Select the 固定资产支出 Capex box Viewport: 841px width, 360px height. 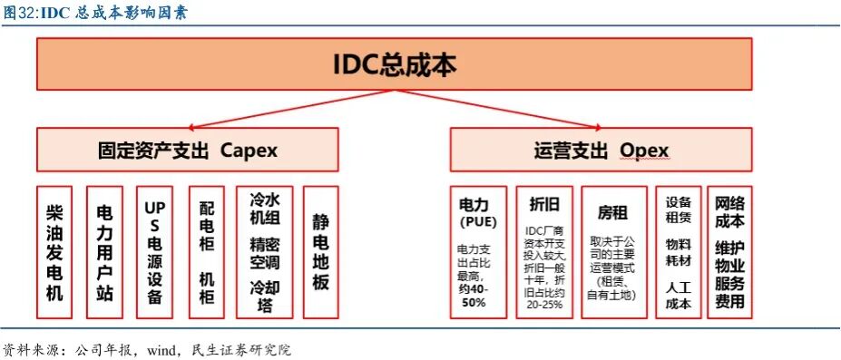187,150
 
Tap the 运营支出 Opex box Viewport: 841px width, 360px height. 601,150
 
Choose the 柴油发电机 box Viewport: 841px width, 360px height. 54,252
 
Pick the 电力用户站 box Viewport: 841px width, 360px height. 104,252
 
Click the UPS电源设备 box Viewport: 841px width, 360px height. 153,252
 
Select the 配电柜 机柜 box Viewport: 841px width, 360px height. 206,252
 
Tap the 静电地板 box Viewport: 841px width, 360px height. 320,252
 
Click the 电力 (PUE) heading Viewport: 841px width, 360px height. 479,212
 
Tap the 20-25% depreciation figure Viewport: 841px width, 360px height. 544,305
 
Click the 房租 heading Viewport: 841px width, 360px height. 611,213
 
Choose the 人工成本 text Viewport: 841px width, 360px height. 679,296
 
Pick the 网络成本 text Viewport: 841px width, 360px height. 729,211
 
